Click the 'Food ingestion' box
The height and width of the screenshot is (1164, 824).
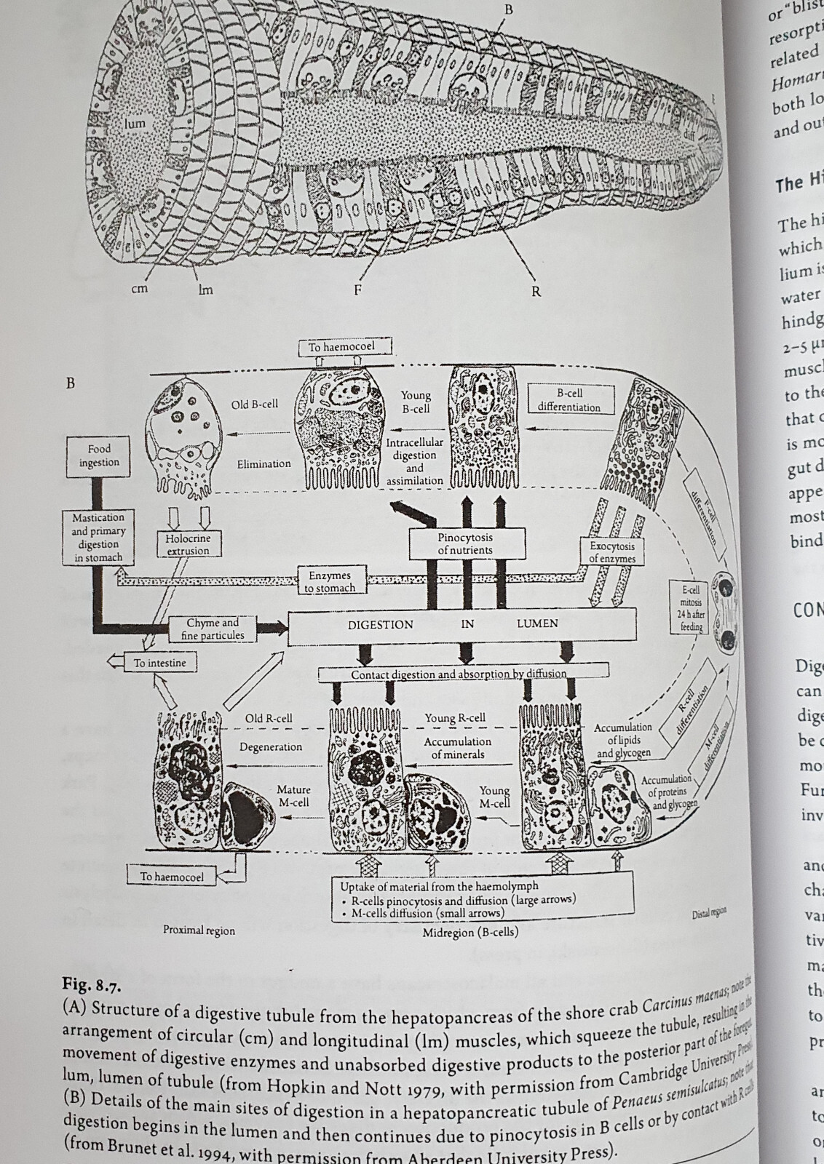[x=99, y=455]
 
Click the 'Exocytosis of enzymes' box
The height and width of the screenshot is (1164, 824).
[x=612, y=551]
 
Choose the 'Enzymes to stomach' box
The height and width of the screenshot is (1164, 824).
[x=330, y=582]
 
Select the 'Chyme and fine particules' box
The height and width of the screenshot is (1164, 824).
[x=213, y=629]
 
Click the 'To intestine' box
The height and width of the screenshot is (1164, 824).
[x=159, y=663]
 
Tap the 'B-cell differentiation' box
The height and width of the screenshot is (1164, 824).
[x=569, y=400]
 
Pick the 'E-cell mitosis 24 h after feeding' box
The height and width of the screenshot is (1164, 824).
[x=690, y=608]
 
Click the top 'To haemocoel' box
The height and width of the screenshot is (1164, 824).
[x=341, y=347]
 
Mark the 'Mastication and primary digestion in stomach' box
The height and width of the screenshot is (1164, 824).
[x=98, y=538]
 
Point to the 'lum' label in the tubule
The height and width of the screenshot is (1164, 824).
[x=135, y=124]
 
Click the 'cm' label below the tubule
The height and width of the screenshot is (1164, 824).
[x=139, y=289]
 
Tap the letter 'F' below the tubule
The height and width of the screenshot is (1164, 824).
[x=357, y=290]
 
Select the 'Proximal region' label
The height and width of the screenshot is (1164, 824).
[x=199, y=930]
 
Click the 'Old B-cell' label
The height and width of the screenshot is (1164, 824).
[x=255, y=404]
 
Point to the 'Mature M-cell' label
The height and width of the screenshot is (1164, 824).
[x=293, y=795]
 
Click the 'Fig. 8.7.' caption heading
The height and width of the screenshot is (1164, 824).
[x=91, y=986]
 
